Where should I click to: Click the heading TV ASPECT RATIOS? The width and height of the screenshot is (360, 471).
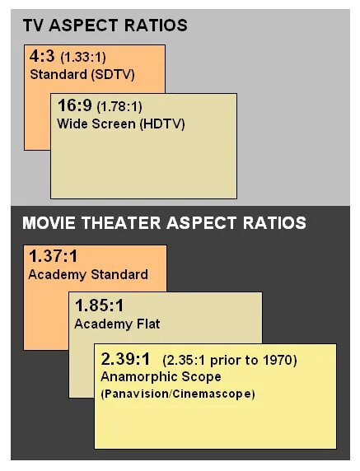[105, 26]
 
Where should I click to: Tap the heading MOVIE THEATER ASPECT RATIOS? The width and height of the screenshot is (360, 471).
[164, 223]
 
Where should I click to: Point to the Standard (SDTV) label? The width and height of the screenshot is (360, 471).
[82, 75]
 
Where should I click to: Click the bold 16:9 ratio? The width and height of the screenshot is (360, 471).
[74, 106]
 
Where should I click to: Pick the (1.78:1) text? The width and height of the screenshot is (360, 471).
[119, 107]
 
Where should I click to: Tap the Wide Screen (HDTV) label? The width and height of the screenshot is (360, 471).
[121, 124]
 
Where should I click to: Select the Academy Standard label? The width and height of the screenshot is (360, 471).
[88, 274]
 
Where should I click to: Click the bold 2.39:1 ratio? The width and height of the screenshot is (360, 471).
[126, 360]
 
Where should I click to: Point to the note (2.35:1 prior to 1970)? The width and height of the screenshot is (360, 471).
[230, 361]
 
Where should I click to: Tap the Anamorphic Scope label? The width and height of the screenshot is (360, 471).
[161, 377]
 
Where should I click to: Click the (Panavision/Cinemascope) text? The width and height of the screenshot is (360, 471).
[178, 394]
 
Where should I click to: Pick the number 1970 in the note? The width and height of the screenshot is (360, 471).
[278, 361]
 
